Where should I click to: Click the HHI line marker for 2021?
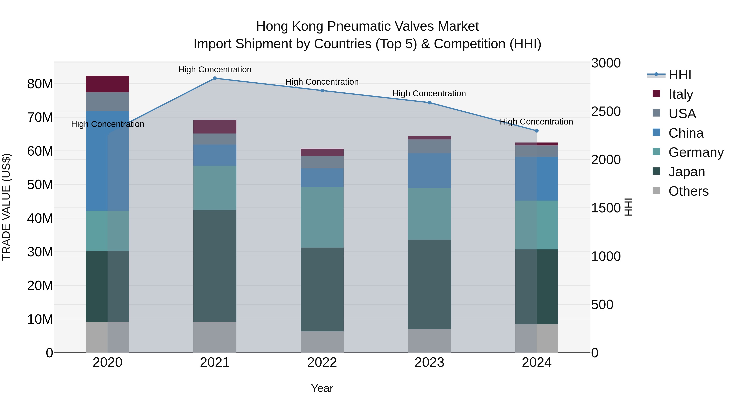point(215,78)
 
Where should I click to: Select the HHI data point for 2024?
point(537,131)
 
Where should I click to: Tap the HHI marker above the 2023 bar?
point(429,103)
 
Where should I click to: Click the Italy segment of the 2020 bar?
point(108,84)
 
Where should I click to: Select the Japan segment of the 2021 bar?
point(215,266)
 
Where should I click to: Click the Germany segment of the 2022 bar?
point(322,217)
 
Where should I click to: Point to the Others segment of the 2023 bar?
point(429,341)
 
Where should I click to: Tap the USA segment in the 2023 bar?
point(429,146)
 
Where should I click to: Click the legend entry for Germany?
point(696,152)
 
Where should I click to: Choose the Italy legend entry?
point(680,94)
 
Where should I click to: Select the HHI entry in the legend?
point(680,75)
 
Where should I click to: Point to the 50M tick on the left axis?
point(40,185)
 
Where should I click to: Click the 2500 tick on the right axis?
point(606,111)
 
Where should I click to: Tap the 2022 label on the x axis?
point(322,362)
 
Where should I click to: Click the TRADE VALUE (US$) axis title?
point(6,207)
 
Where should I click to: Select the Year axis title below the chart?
point(322,388)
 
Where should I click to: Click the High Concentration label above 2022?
point(322,82)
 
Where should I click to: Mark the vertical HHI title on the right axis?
point(628,207)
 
